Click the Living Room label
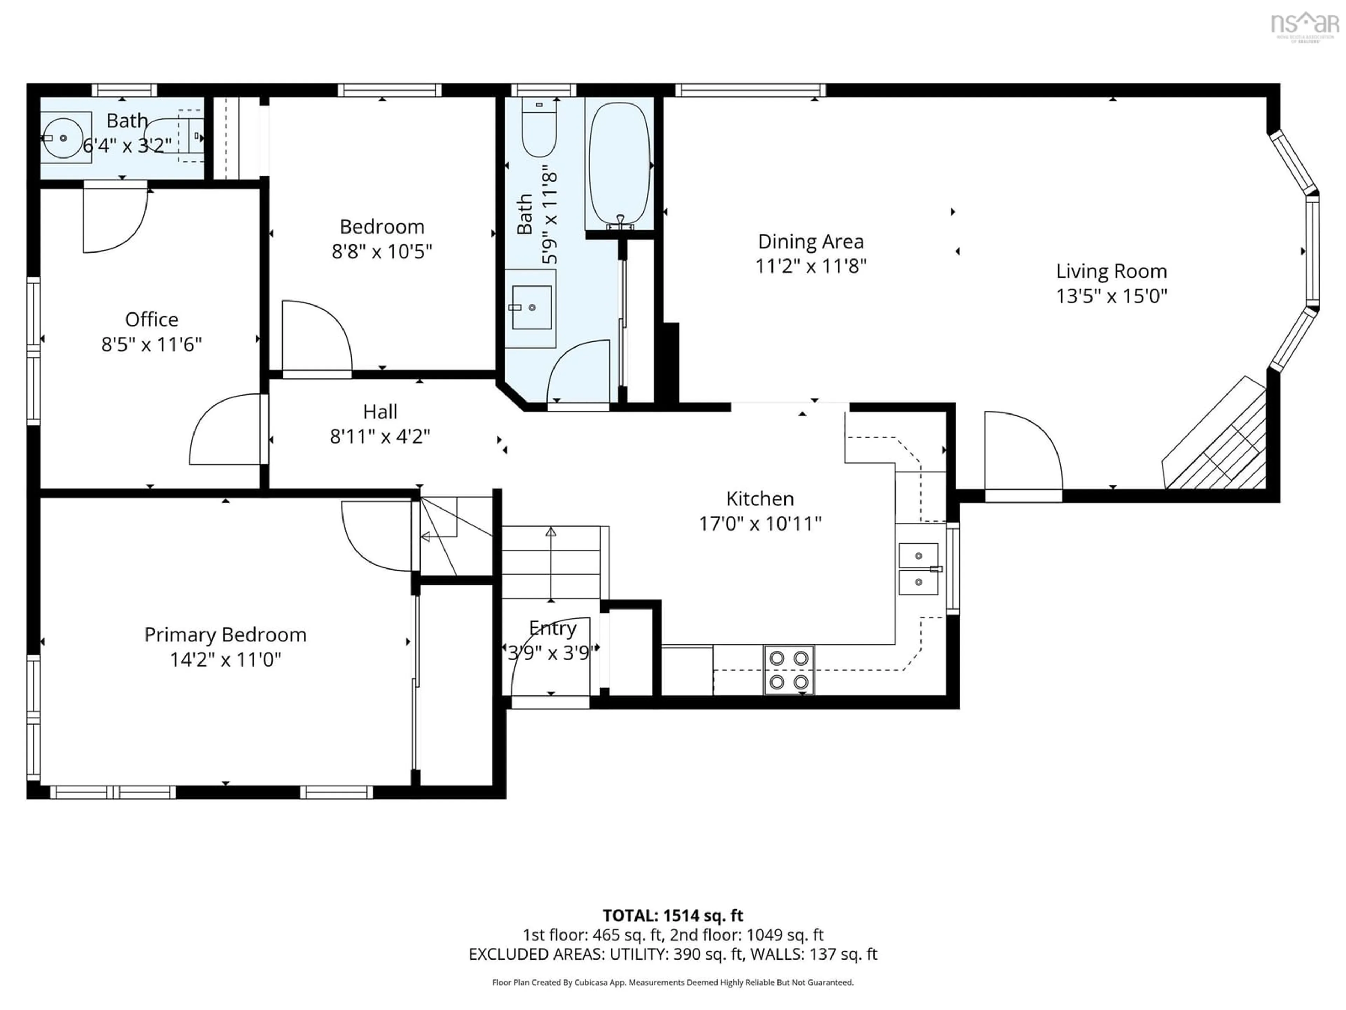1111,271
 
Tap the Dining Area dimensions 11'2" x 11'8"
810,266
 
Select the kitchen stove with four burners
789,670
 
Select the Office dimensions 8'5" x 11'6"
151,345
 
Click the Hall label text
380,412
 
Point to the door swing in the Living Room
1022,451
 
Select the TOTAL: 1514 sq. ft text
672,916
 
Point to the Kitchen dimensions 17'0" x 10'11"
760,524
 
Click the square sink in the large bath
531,308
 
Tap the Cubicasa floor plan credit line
672,982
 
